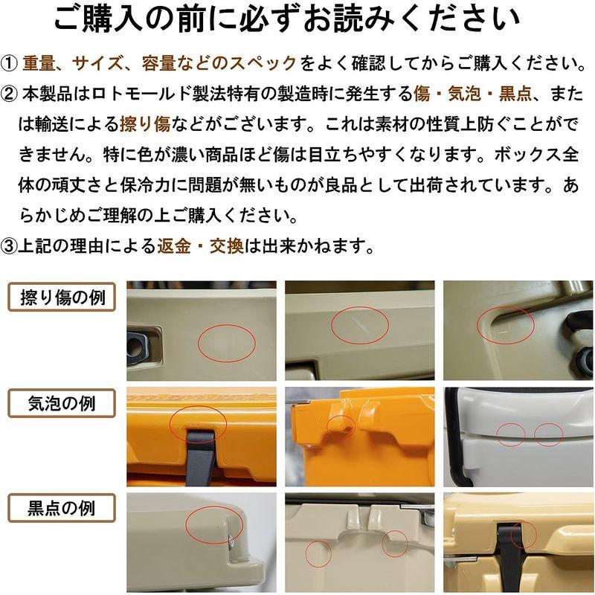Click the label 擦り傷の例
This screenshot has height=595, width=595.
point(62,298)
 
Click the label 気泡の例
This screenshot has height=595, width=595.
point(62,404)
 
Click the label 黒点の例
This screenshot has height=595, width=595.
point(62,509)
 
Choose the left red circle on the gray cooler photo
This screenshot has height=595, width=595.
point(511,434)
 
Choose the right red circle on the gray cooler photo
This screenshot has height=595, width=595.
point(548,434)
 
